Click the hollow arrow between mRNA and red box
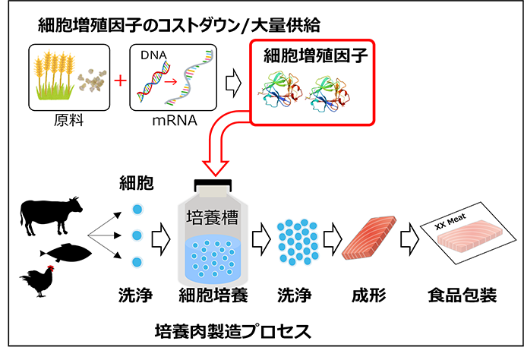coord(235,78)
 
